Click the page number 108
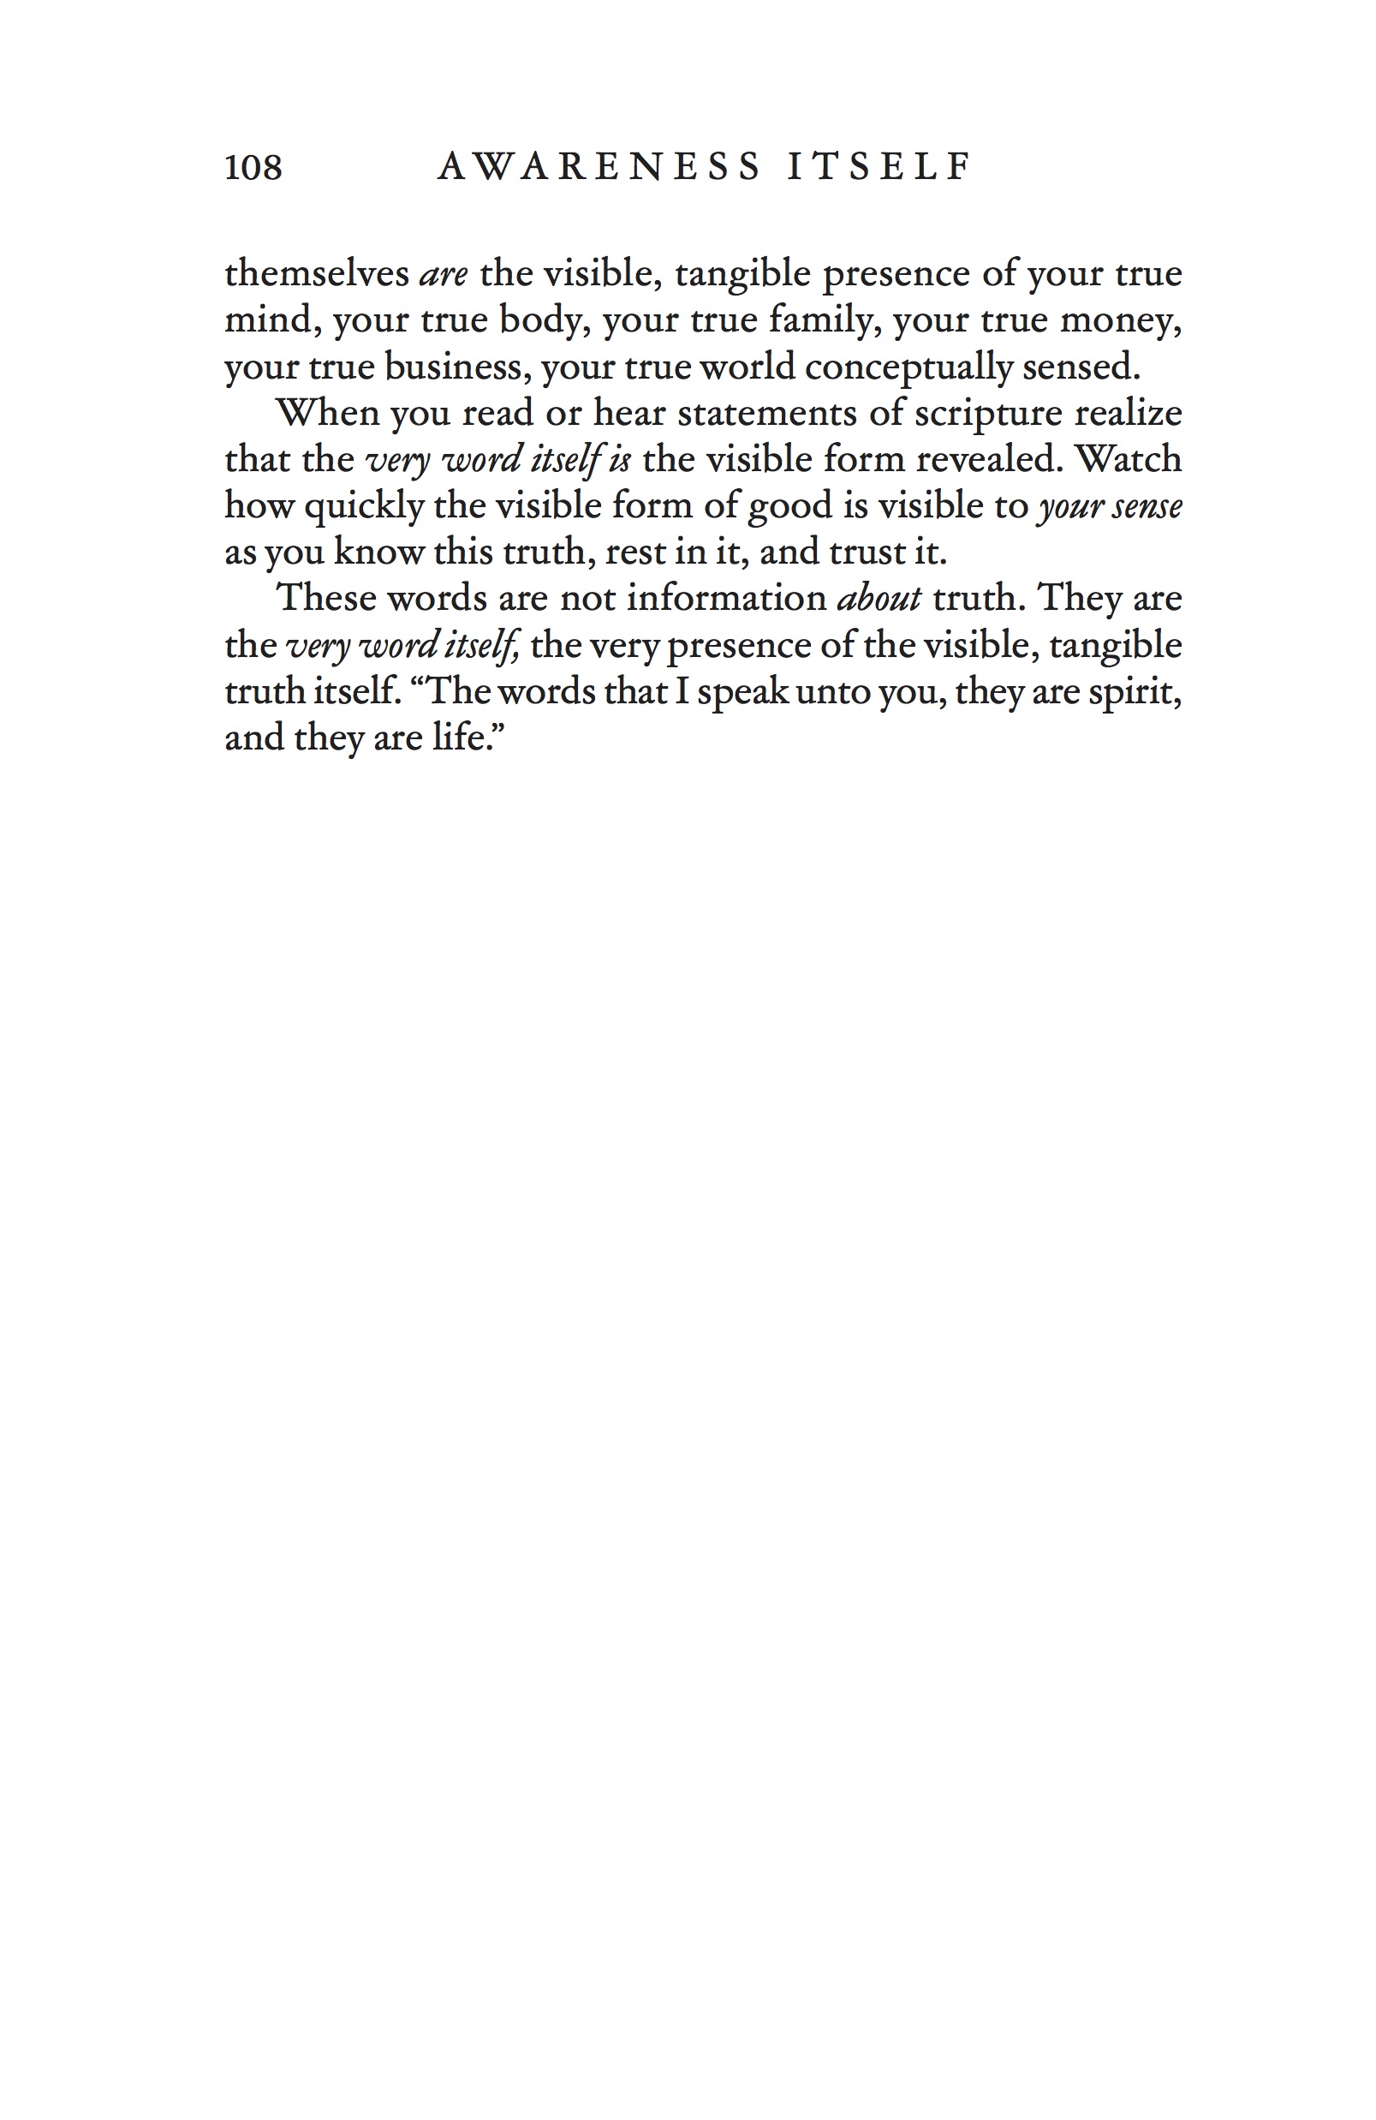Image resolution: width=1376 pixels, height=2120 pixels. pyautogui.click(x=253, y=168)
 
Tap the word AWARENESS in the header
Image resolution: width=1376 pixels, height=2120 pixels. pyautogui.click(x=599, y=168)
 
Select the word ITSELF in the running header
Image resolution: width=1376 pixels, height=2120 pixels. pyautogui.click(x=880, y=168)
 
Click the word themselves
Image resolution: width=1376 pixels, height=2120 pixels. pyautogui.click(x=316, y=273)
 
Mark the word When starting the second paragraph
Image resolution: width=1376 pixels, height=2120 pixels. pyautogui.click(x=328, y=412)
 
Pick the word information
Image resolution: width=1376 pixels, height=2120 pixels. pyautogui.click(x=727, y=598)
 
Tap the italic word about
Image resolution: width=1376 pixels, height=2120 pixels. pyautogui.click(x=879, y=598)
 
